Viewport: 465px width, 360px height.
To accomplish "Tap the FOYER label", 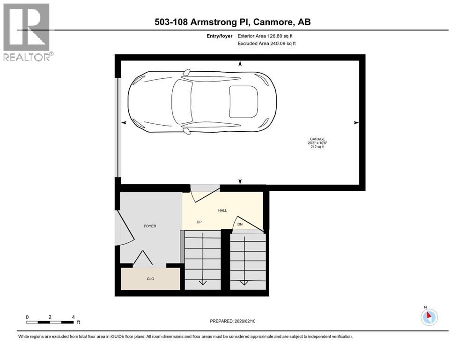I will point(150,226).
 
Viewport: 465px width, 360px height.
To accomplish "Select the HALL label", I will point(222,210).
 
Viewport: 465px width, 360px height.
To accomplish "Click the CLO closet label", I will point(150,279).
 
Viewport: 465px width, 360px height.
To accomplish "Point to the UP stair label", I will point(199,222).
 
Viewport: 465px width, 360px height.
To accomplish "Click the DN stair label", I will point(240,225).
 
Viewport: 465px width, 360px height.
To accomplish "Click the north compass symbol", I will point(429,317).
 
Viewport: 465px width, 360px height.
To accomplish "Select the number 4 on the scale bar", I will point(73,317).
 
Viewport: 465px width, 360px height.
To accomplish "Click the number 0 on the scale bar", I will point(27,317).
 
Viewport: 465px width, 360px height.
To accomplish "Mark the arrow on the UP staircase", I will point(202,282).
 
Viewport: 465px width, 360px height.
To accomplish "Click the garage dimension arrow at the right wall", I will point(356,122).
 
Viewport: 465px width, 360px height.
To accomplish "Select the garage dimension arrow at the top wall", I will point(240,63).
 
